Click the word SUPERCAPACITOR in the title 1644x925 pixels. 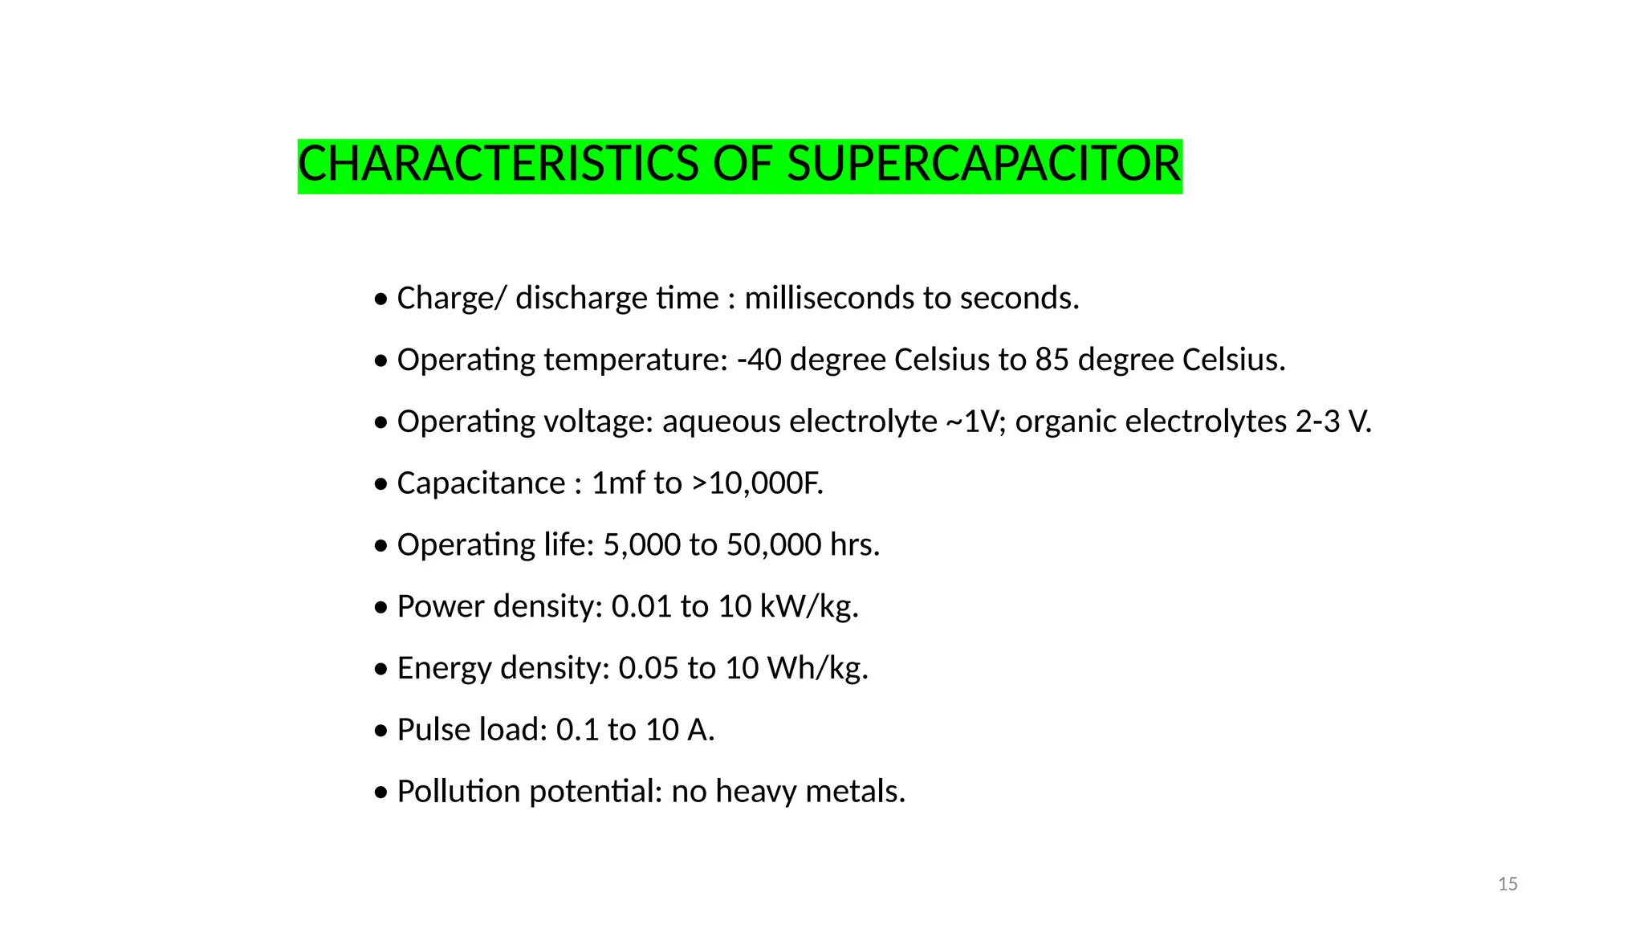983,165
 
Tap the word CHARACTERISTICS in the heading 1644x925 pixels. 498,165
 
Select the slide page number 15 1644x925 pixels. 1508,884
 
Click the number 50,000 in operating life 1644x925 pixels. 774,545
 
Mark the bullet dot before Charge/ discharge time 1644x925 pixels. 381,300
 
